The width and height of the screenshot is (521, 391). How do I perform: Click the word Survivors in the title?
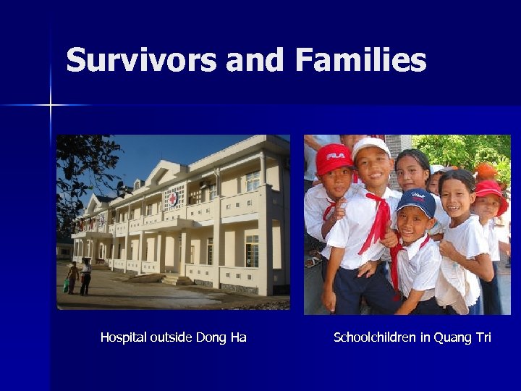(x=142, y=59)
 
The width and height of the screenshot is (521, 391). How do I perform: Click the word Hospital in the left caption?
(x=124, y=337)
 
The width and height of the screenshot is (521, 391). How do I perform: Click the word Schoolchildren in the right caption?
(x=376, y=337)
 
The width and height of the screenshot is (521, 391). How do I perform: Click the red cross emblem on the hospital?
(x=173, y=195)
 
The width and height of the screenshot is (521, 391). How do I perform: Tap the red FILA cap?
(x=334, y=157)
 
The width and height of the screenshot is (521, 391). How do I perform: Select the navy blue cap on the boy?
(x=416, y=201)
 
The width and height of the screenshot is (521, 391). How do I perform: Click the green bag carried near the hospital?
(x=67, y=285)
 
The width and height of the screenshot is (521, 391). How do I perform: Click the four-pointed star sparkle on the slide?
(x=50, y=106)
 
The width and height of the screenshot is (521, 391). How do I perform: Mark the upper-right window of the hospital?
(x=253, y=180)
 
